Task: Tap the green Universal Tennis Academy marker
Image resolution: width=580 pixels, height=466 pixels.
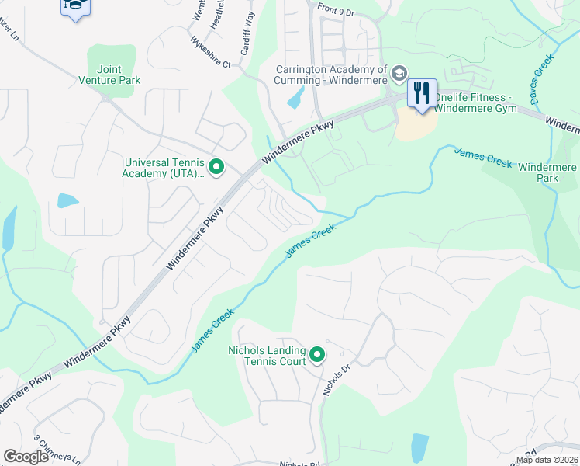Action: pos(216,165)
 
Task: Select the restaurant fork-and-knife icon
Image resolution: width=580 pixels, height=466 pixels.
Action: pos(421,93)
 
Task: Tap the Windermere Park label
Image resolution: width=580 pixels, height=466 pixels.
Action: pos(547,172)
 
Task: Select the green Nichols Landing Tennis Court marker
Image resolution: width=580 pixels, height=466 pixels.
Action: pos(317,356)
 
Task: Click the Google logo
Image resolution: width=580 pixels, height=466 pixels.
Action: pos(26,457)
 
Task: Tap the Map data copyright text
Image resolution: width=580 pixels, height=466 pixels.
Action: pos(547,460)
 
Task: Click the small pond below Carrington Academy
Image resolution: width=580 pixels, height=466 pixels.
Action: pos(295,97)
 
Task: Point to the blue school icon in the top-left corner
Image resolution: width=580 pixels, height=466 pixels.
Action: pos(75,7)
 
